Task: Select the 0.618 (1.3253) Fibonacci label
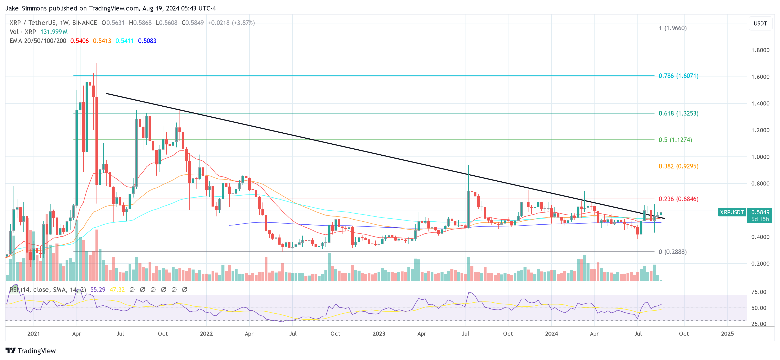click(x=678, y=113)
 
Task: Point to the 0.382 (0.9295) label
click(x=678, y=166)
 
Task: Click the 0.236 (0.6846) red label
click(x=678, y=199)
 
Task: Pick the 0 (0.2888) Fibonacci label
click(x=672, y=252)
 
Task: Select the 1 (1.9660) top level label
click(x=672, y=28)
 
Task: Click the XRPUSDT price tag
click(x=732, y=212)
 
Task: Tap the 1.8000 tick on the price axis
click(x=760, y=50)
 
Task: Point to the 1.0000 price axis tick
click(x=760, y=157)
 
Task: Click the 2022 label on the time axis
click(x=206, y=333)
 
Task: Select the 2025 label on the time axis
click(x=727, y=333)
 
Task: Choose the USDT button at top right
click(x=760, y=23)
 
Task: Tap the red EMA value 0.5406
click(x=79, y=41)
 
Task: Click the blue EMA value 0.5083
click(x=147, y=41)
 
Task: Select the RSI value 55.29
click(x=98, y=290)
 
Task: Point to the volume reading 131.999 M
click(x=54, y=32)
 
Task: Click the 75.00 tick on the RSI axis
click(x=759, y=292)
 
